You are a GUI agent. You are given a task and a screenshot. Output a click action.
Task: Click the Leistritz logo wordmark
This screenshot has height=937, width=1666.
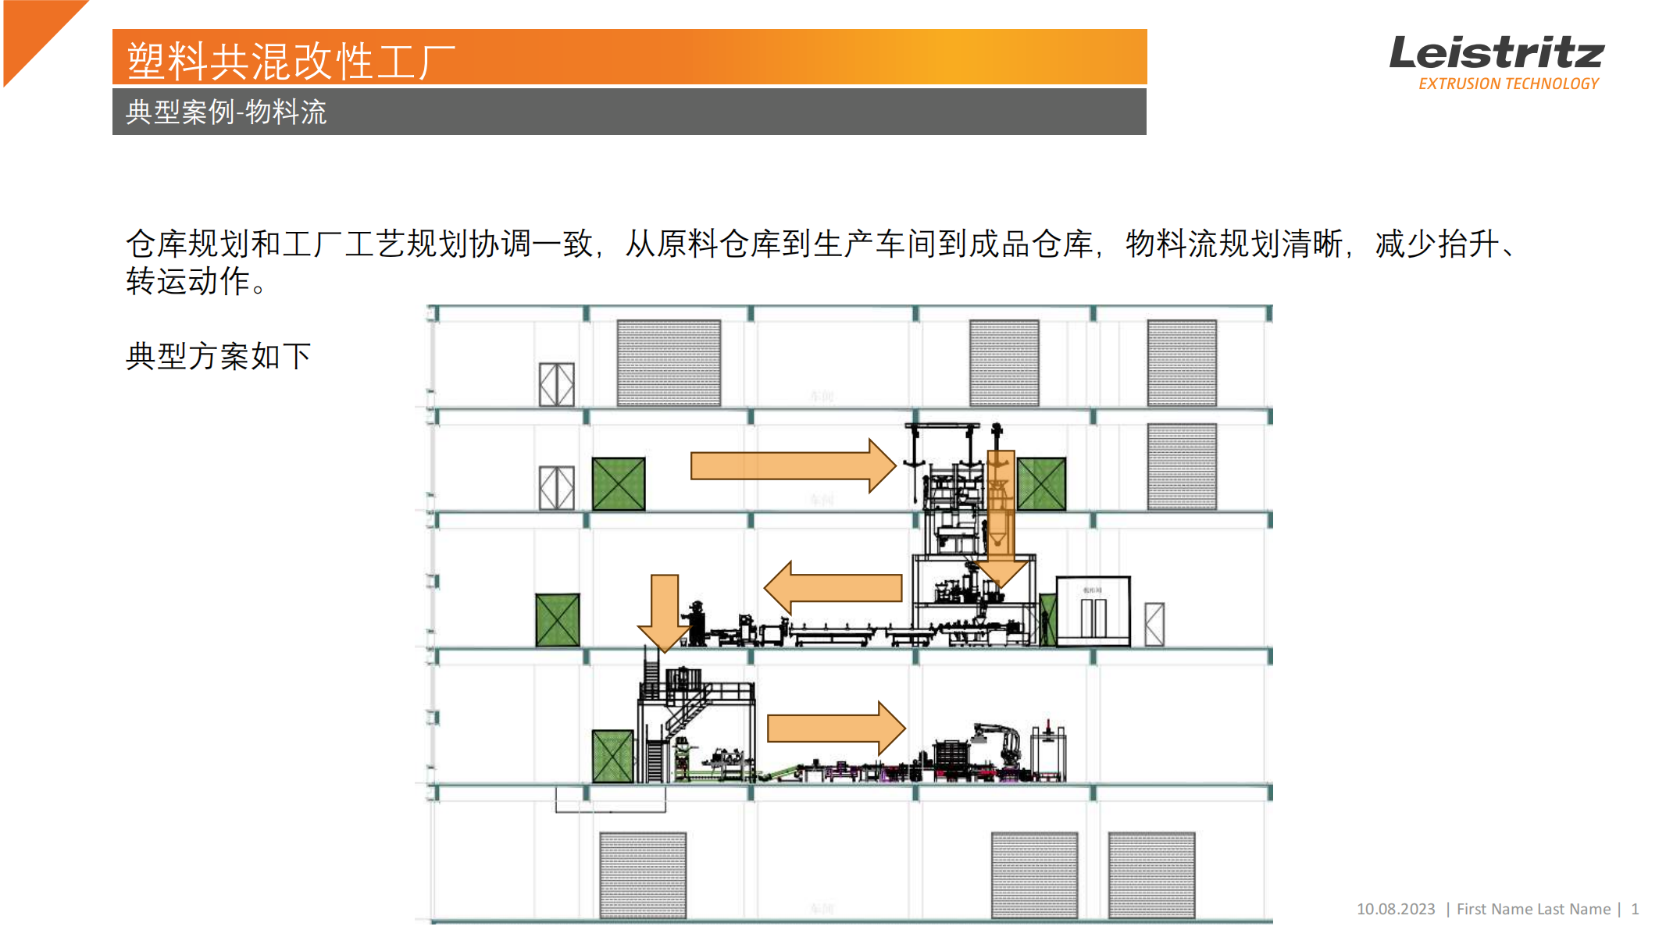pos(1495,53)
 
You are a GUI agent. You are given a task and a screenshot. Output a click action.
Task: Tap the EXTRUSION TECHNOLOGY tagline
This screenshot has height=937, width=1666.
pos(1508,84)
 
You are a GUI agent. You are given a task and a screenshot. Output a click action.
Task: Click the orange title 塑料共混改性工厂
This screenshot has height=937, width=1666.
pos(291,61)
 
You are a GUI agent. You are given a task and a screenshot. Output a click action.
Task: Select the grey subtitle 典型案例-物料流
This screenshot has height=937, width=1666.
pos(226,112)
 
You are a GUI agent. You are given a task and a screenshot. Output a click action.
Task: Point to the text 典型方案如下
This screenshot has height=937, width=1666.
pos(218,356)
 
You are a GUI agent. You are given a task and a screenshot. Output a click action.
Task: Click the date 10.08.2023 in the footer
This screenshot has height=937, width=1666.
pos(1395,909)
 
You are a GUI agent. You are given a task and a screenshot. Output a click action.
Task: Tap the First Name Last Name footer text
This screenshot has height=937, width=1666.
pos(1532,909)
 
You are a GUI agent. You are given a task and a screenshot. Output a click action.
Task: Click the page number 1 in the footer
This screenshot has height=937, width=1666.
pos(1634,909)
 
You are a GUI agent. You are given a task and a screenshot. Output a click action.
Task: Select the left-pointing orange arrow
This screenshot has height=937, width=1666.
pos(833,588)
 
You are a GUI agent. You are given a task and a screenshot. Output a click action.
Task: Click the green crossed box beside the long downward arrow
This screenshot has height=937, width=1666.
pos(1041,484)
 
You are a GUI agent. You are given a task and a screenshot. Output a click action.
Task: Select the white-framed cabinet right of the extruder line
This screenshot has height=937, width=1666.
pos(1093,611)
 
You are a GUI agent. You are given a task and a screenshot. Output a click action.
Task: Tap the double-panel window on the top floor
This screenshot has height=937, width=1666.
pos(556,384)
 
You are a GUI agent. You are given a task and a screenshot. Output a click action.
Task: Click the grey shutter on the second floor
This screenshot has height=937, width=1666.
pos(1181,466)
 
